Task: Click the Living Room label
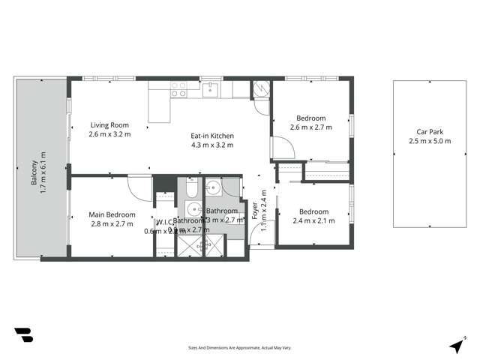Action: point(109,125)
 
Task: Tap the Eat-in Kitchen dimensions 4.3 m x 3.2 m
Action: point(213,145)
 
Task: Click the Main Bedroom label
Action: point(112,214)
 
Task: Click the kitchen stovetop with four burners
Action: point(178,89)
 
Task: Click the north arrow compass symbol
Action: point(456,346)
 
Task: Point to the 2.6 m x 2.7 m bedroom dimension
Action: point(310,127)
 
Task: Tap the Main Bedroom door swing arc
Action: point(139,185)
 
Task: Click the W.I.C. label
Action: point(164,222)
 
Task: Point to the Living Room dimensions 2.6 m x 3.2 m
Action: point(109,135)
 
